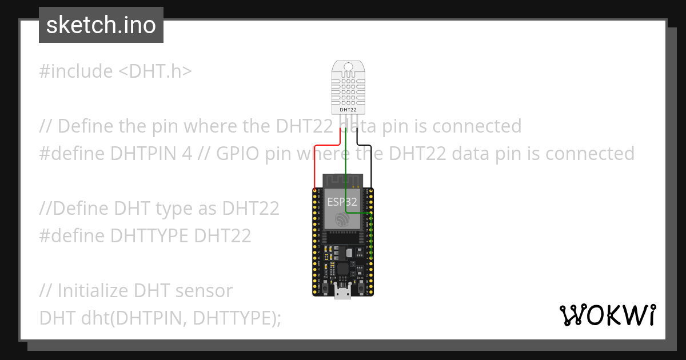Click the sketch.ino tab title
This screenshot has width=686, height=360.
(101, 25)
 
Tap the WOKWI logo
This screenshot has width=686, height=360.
(607, 315)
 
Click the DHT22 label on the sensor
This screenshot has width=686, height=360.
(348, 109)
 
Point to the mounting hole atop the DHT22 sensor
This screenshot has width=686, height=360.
(348, 67)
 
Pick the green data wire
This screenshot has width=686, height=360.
(346, 171)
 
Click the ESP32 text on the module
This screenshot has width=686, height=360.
(342, 202)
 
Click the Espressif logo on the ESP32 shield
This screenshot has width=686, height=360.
(342, 219)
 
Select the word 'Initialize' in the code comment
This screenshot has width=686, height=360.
(93, 291)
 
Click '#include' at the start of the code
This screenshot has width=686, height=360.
(76, 71)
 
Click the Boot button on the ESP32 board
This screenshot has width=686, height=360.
(361, 288)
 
